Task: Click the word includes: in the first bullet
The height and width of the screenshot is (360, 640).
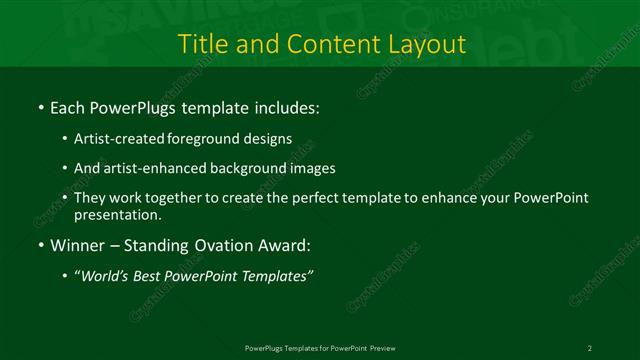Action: (286, 106)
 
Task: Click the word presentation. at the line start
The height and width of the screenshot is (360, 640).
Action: (116, 214)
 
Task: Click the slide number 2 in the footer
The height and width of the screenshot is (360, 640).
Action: (590, 347)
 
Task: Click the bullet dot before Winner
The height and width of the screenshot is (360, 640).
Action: (39, 244)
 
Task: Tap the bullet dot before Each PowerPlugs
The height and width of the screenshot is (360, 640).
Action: (39, 106)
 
